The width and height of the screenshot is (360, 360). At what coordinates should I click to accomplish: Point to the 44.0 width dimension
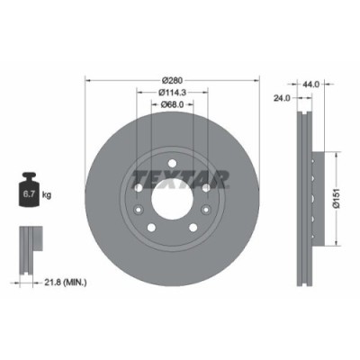click(x=311, y=84)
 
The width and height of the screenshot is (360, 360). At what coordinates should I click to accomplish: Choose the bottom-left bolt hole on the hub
click(x=150, y=227)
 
